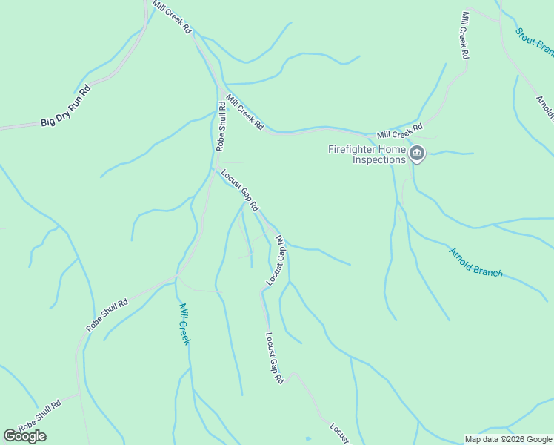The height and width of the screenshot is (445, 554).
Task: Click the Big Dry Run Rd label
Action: point(65,105)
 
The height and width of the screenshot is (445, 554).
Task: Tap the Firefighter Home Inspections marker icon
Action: point(417,154)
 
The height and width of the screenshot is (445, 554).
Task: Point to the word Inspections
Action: point(378,159)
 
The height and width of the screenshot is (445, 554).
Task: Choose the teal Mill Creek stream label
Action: point(184,323)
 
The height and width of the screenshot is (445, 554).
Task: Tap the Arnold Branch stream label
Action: point(475,263)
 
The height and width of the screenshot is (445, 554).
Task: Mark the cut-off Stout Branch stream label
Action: point(535,42)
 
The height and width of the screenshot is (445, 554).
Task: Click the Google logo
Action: point(24,436)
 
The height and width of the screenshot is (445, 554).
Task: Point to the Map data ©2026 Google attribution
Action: point(507,439)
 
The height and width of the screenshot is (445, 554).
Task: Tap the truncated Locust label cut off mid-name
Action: point(339,433)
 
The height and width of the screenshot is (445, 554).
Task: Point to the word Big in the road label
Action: point(47,120)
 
